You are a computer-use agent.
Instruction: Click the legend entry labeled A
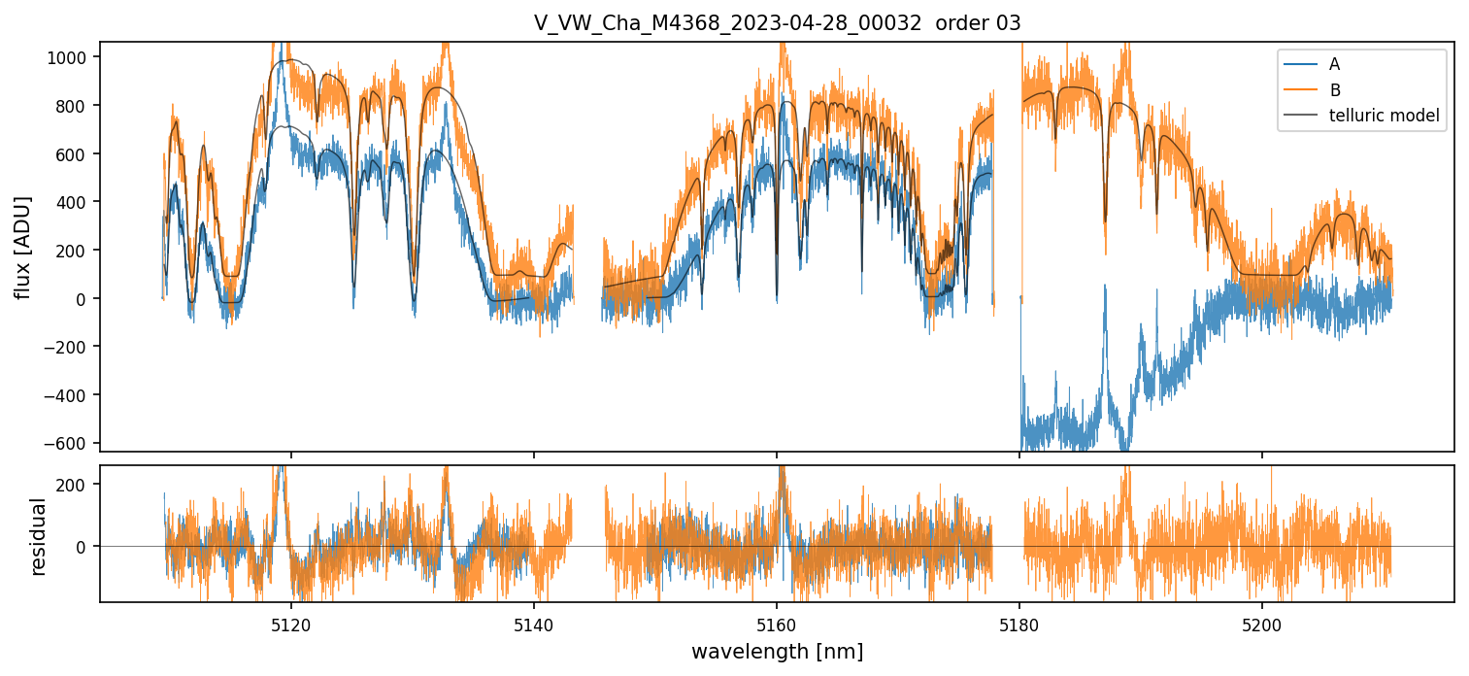pyautogui.click(x=1335, y=64)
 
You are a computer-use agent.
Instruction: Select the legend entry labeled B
pyautogui.click(x=1335, y=90)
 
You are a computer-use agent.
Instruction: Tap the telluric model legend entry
pyautogui.click(x=1384, y=117)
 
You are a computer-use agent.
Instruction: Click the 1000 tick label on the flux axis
pyautogui.click(x=73, y=57)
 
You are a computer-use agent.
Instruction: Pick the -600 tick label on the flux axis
pyautogui.click(x=71, y=443)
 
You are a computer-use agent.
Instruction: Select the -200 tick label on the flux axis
pyautogui.click(x=71, y=347)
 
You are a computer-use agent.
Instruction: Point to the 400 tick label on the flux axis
pyautogui.click(x=77, y=202)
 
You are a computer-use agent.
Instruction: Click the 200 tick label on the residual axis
pyautogui.click(x=77, y=484)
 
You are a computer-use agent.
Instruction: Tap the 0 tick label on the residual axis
pyautogui.click(x=87, y=547)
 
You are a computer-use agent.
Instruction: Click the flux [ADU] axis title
pyautogui.click(x=22, y=247)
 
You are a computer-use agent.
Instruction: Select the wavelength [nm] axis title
pyautogui.click(x=777, y=651)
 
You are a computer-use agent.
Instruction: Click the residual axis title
pyautogui.click(x=39, y=536)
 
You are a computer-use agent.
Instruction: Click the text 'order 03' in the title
pyautogui.click(x=978, y=23)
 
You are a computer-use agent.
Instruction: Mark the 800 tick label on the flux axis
pyautogui.click(x=77, y=105)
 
